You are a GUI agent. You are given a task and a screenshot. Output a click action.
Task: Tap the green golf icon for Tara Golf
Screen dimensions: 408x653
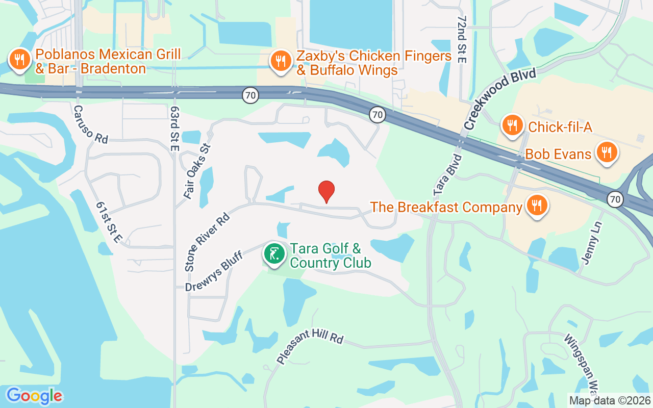pyautogui.click(x=274, y=253)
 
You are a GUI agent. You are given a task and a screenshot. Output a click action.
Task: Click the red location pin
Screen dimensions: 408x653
pyautogui.click(x=326, y=192)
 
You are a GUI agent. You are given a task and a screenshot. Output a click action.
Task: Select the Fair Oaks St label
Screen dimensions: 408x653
pyautogui.click(x=197, y=171)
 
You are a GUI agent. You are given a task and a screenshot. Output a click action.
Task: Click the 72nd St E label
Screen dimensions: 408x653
pyautogui.click(x=462, y=39)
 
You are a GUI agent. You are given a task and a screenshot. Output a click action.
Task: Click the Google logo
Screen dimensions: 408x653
pyautogui.click(x=34, y=396)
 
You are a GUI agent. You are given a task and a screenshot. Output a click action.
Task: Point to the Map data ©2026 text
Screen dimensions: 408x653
pyautogui.click(x=610, y=400)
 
